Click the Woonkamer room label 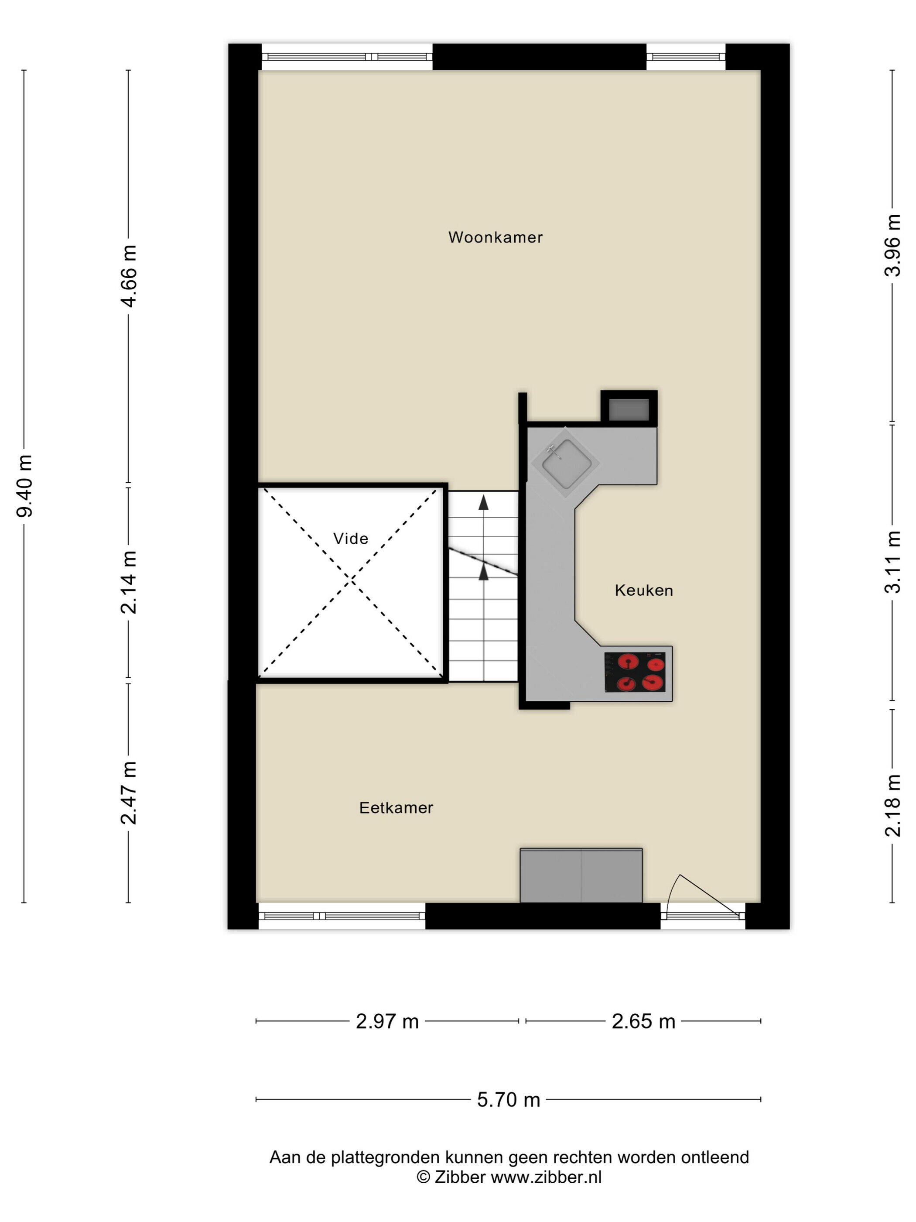[495, 237]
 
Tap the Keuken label [644, 590]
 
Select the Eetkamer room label [396, 808]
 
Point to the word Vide [351, 539]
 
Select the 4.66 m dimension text [129, 276]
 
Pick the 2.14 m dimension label [129, 582]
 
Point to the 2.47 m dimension [129, 792]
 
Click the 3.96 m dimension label [893, 245]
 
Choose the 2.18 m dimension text [893, 806]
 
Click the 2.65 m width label [643, 1022]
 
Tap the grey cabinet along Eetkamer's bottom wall [581, 875]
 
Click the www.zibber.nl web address [546, 1177]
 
